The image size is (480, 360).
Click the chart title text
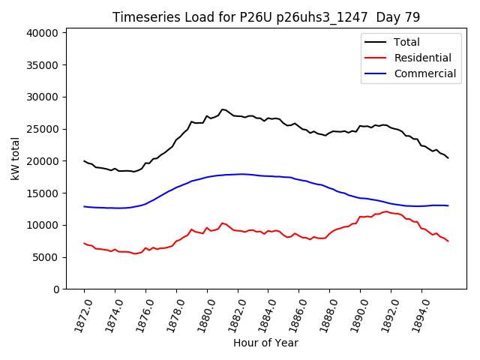(x=266, y=16)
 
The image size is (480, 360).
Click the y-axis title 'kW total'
(x=15, y=158)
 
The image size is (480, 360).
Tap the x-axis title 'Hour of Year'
(x=265, y=343)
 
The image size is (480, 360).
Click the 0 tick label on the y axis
(x=57, y=289)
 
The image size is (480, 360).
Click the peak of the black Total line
(x=223, y=109)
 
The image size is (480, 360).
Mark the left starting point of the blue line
(x=85, y=206)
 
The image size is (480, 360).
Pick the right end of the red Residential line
(x=448, y=241)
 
